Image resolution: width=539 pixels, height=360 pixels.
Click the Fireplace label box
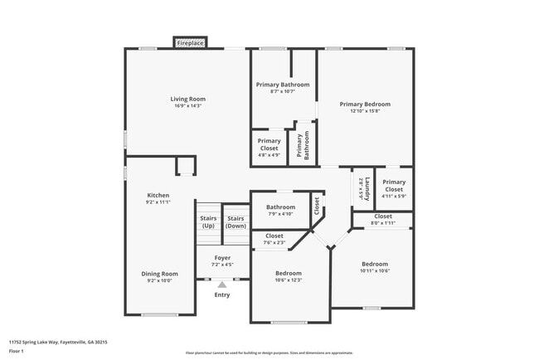[190, 42]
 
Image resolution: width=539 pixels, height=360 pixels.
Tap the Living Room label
[188, 102]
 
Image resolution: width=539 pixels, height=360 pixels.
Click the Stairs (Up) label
[208, 221]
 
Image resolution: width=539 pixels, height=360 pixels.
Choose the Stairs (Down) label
[236, 221]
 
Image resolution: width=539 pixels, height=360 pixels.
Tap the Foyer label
[222, 261]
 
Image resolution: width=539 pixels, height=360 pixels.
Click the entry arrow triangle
[222, 285]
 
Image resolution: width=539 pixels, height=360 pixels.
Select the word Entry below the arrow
[222, 294]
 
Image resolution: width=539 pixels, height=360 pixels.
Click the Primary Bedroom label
[365, 108]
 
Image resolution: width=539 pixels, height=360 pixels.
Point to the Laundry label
[360, 188]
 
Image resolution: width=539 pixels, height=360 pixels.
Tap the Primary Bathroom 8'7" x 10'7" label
[283, 88]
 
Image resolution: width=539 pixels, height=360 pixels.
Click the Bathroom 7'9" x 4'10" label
[280, 211]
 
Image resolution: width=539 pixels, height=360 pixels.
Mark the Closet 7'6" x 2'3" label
[274, 240]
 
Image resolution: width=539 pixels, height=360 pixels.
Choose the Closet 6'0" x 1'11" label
[382, 219]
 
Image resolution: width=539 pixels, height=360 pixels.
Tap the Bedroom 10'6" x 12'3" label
[289, 277]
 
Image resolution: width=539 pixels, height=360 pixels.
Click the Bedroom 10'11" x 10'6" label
[375, 267]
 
